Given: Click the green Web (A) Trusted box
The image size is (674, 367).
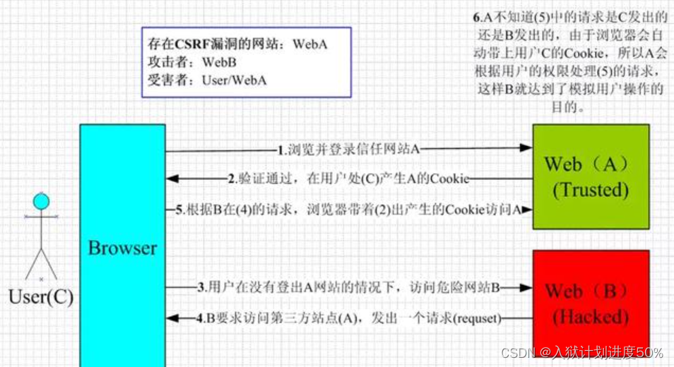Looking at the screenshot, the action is click(590, 176).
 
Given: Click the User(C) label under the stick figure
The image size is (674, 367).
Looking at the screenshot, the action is click(41, 296).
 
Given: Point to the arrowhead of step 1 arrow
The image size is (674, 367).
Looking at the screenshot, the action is click(526, 148).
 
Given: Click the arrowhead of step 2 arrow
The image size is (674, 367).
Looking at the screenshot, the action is click(171, 179).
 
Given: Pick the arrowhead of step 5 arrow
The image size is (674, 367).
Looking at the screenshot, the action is click(526, 210).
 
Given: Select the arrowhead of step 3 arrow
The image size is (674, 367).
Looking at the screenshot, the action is click(526, 287).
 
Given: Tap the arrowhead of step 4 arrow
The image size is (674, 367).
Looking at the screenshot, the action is click(171, 319).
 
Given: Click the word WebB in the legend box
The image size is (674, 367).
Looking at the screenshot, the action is click(220, 63).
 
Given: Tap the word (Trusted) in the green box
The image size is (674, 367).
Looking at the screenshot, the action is click(591, 190).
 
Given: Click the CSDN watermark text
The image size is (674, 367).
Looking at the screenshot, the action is click(516, 352).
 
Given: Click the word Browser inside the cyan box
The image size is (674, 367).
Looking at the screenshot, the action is click(122, 248).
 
